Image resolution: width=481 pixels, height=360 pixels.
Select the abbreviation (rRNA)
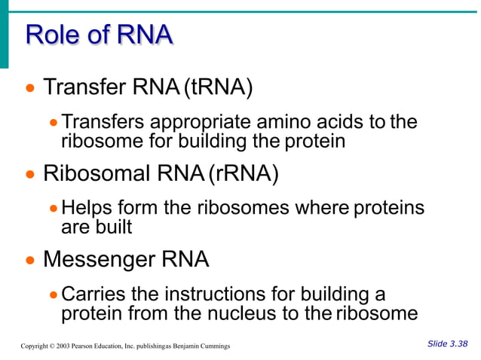click(243, 174)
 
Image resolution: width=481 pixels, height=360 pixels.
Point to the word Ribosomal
click(97, 174)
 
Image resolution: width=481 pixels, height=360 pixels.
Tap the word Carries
click(90, 294)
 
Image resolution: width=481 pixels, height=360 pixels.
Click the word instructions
click(207, 294)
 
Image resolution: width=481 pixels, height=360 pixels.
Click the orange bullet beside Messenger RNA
click(29, 261)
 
